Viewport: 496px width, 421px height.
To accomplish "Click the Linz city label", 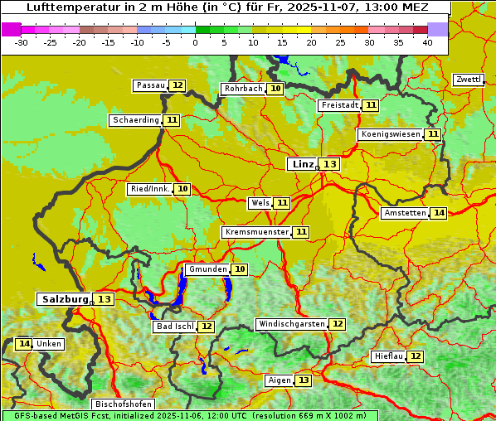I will pos(301,164).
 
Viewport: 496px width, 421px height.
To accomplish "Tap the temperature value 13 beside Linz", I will pos(330,164).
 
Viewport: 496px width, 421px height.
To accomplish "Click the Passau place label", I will pos(150,85).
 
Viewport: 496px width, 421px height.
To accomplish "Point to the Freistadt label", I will pos(339,105).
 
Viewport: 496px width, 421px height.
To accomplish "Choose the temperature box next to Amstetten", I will pos(439,213).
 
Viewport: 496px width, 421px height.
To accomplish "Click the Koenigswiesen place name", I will pos(390,134).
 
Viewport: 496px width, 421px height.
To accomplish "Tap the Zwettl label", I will pos(468,80).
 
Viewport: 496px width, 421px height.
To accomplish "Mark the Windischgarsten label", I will pos(290,324).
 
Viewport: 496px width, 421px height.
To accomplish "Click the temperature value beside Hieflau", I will pos(416,356).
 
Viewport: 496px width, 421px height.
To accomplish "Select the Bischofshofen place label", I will pos(122,404).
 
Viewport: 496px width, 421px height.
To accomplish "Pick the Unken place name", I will pos(48,344).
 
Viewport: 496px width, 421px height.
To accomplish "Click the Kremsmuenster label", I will pos(256,232).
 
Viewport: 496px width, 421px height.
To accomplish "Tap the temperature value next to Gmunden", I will pos(240,269).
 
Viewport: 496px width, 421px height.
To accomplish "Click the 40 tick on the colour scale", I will pos(427,42).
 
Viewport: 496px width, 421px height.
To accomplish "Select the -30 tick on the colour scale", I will pos(22,42).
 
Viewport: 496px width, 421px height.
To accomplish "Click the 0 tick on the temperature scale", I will pos(196,42).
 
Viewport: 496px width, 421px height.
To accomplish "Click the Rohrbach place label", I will pos(243,89).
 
